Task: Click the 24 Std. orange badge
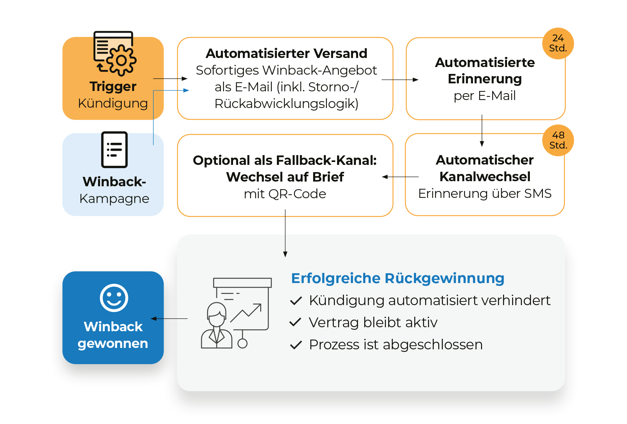coord(558,43)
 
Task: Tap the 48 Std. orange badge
coord(558,140)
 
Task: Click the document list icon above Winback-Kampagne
coord(114,150)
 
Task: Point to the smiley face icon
coord(114,298)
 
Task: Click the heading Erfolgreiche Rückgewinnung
coord(398,278)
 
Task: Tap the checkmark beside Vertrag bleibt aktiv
coord(296,322)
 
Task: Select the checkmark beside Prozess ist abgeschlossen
coord(296,345)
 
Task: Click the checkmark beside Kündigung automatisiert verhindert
coord(296,300)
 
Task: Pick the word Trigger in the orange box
coord(113,87)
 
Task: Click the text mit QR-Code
coord(285,194)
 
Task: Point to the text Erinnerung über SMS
coord(485,194)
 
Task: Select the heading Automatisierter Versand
coord(286,54)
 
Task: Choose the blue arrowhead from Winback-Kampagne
coord(186,90)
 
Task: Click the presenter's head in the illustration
coord(217,314)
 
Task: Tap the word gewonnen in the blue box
coord(113,343)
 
